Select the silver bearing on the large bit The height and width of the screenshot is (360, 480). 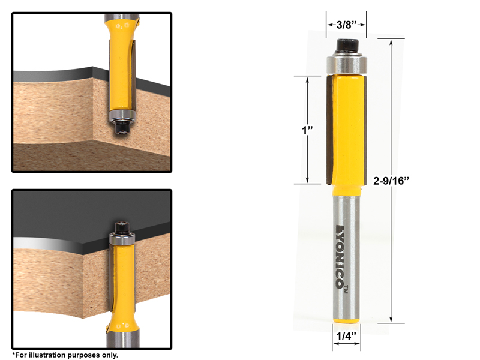(x=346, y=64)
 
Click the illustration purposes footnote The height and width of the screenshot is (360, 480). (x=65, y=355)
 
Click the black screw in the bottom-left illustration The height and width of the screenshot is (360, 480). (x=121, y=228)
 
